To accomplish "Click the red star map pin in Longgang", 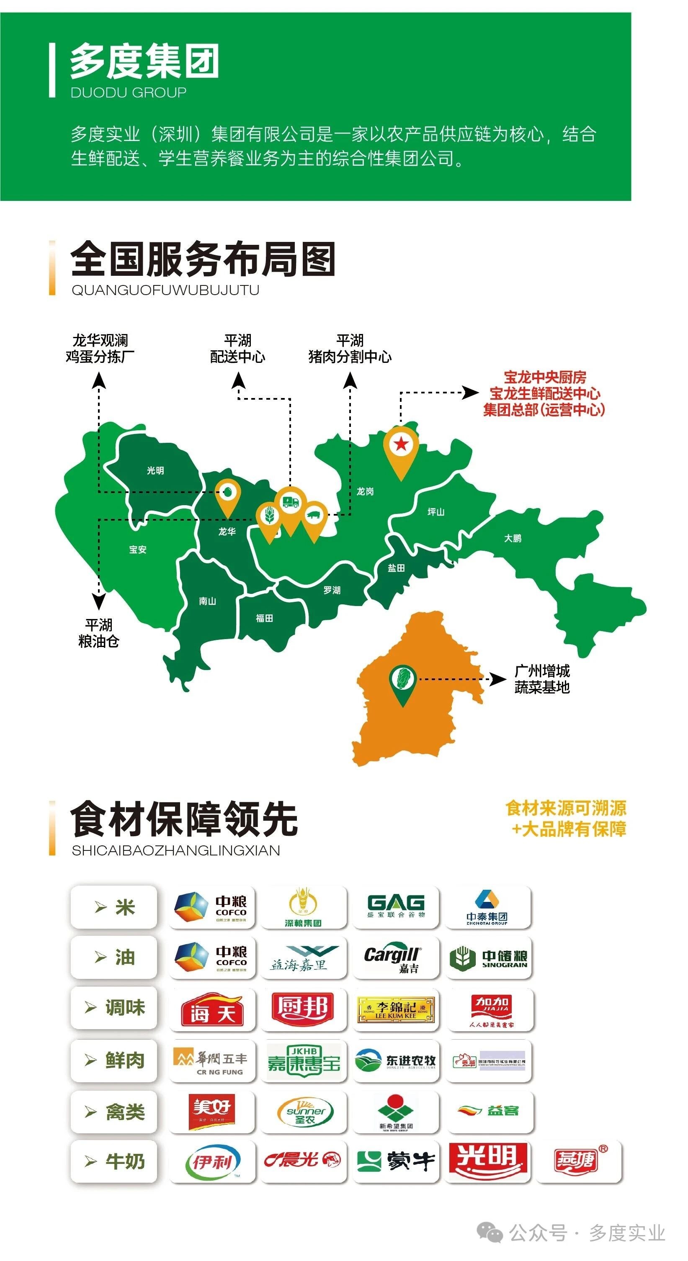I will tap(401, 445).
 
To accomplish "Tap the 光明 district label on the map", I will tap(155, 470).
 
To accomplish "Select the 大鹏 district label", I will tap(512, 538).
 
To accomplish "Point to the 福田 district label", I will tap(264, 618).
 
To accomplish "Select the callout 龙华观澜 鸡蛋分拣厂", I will tap(100, 349).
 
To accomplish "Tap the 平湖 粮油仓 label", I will tap(99, 633).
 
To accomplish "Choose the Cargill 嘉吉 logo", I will tap(396, 958).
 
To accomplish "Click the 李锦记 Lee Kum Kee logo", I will tap(396, 1009).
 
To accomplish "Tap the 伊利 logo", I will tap(212, 1162).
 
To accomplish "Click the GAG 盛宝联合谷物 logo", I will tap(396, 907).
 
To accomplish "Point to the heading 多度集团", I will tap(144, 61).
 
